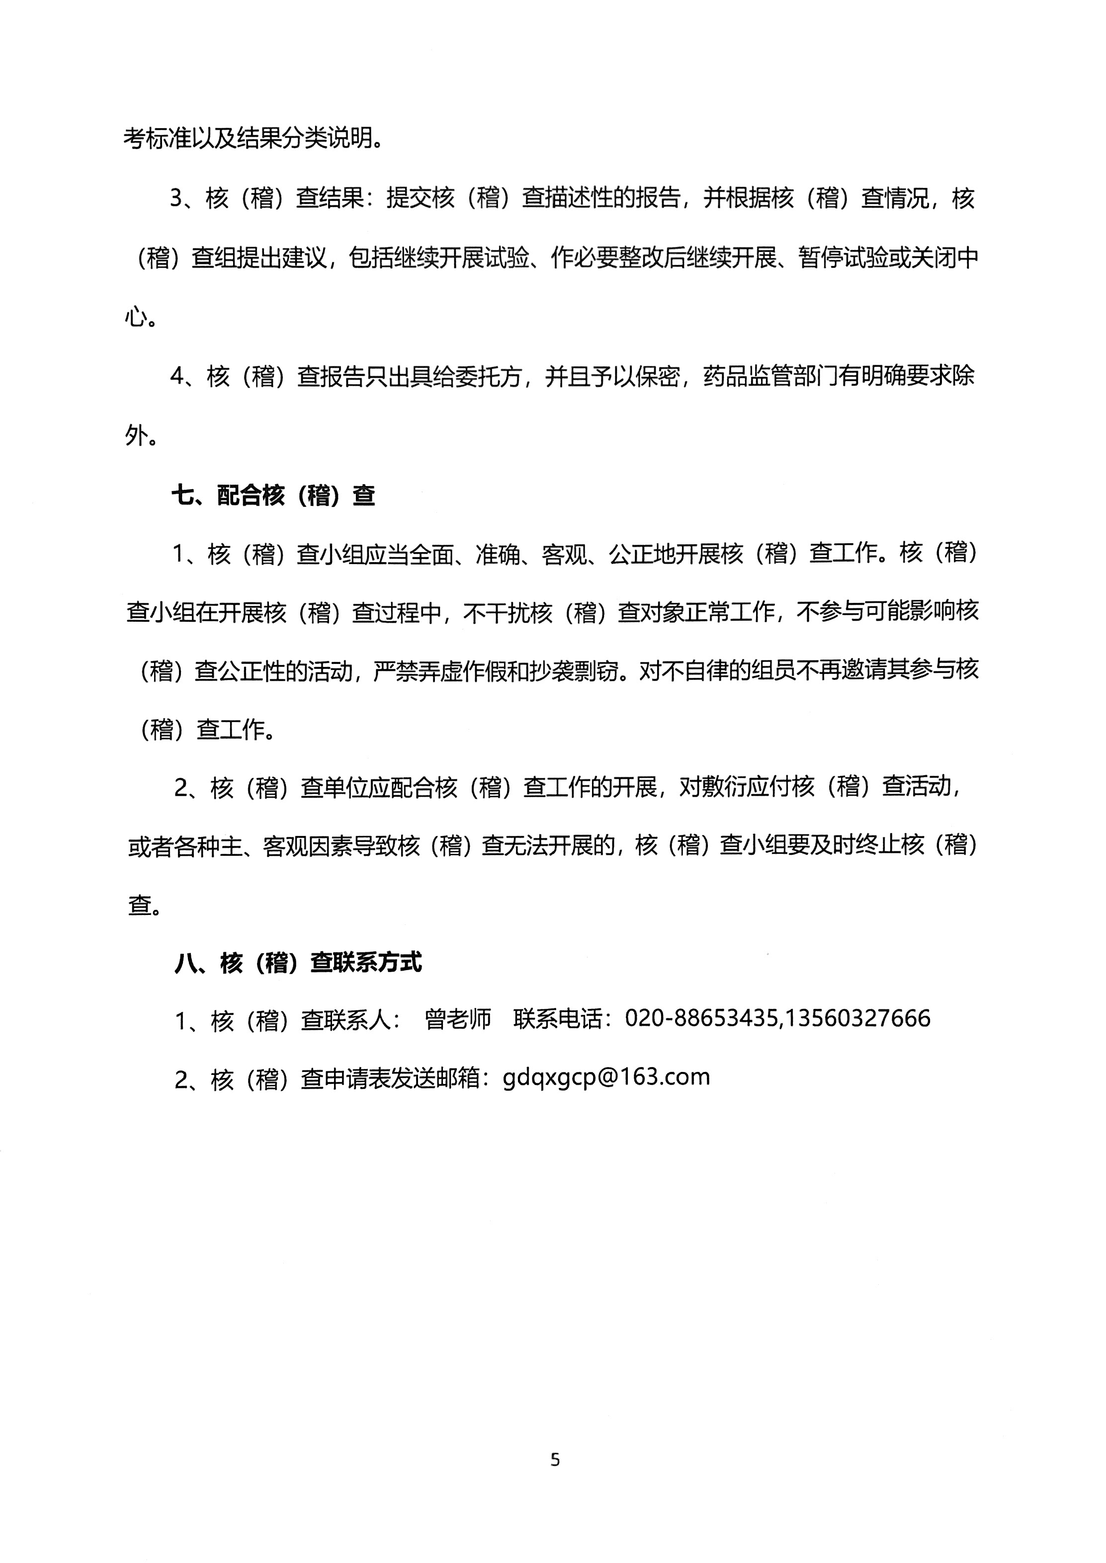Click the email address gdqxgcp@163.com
pos(606,1077)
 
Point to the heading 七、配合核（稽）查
pos(273,495)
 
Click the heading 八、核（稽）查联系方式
pos(298,962)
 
